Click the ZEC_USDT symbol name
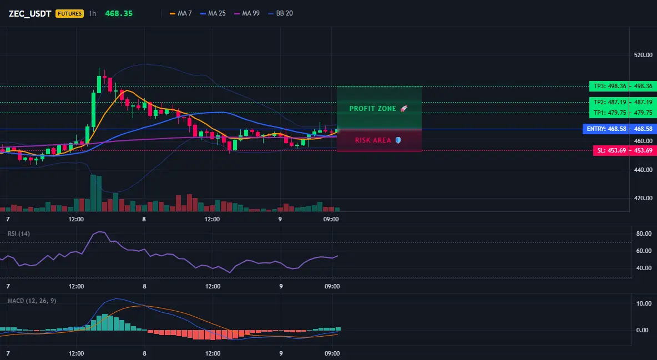(30, 13)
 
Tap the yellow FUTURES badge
(69, 13)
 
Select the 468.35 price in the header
(119, 13)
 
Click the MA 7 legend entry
(180, 13)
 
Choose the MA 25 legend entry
(213, 13)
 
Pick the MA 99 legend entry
(247, 13)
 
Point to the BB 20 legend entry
(280, 13)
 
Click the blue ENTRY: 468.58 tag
(607, 129)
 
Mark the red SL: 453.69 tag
(611, 150)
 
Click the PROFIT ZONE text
(372, 109)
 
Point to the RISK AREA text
(373, 140)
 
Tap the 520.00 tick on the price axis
(643, 55)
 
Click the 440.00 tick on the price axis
(643, 170)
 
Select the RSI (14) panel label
(19, 234)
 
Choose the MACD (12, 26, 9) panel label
(32, 301)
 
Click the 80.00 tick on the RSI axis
(644, 234)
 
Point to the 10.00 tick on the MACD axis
(644, 303)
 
